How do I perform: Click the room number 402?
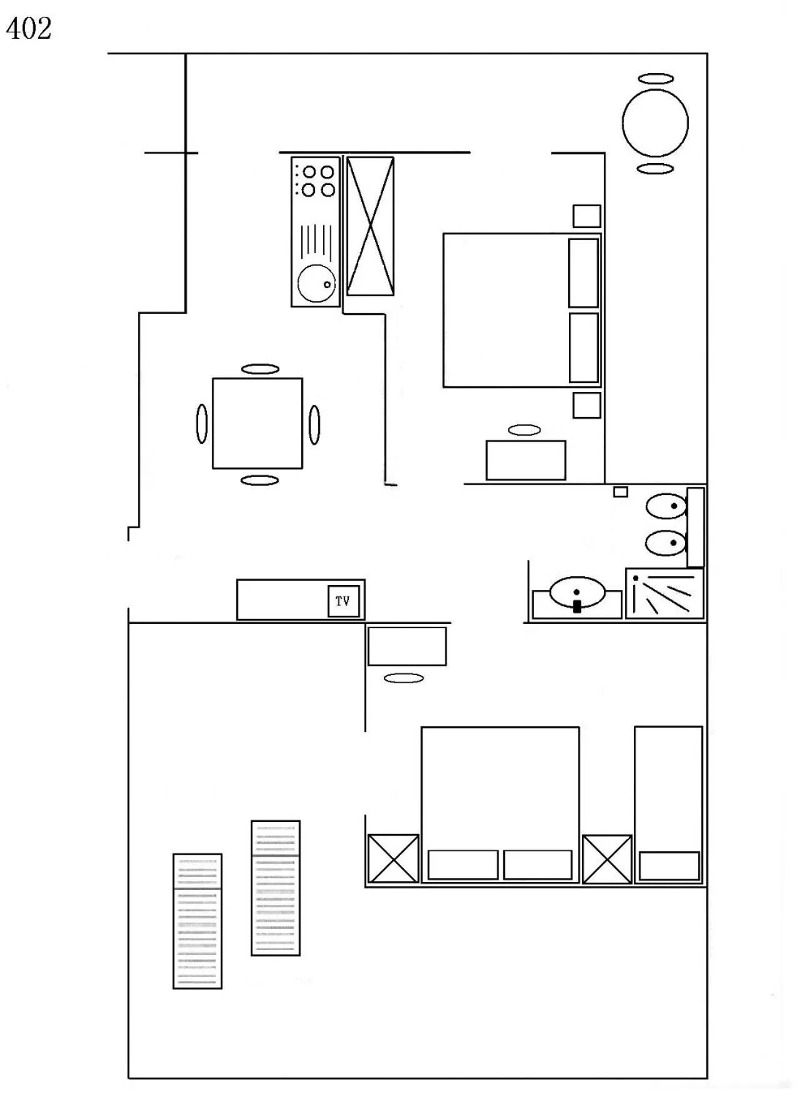click(29, 29)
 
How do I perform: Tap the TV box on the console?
click(343, 601)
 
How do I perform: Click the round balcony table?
click(655, 123)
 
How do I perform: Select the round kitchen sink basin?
click(316, 283)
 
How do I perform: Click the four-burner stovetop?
click(316, 181)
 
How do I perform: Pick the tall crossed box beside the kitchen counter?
click(370, 226)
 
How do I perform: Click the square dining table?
click(257, 423)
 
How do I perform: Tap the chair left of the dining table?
click(201, 424)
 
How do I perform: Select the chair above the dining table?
click(260, 369)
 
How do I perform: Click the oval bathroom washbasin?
click(577, 591)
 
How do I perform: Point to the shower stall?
click(664, 593)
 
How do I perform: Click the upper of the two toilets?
click(665, 506)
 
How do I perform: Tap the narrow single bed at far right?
click(668, 804)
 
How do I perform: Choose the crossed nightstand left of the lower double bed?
click(393, 859)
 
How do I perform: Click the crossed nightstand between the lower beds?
click(607, 859)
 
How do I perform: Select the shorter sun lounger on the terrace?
click(275, 888)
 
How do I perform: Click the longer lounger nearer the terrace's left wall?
click(197, 921)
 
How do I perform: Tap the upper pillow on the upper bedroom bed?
click(583, 273)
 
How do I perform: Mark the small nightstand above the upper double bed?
click(586, 216)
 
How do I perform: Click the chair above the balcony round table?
click(656, 79)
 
